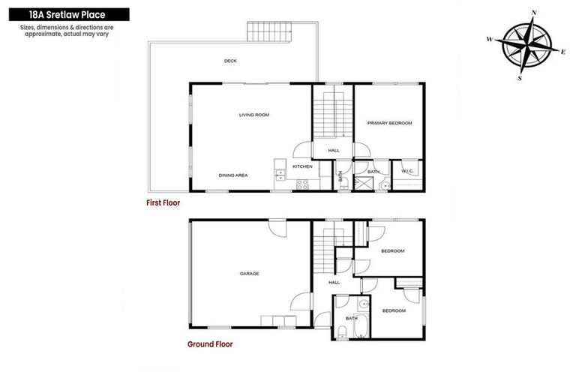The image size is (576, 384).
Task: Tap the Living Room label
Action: tap(253, 115)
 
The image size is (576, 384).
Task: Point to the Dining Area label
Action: tap(233, 175)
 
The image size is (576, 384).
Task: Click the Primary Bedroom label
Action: tap(389, 122)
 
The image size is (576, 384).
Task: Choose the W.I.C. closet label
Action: tap(408, 171)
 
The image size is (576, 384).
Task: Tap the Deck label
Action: tap(230, 61)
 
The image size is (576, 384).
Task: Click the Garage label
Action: tap(249, 273)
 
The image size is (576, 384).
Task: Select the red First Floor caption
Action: tap(163, 202)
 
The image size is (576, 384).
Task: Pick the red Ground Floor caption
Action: tap(209, 344)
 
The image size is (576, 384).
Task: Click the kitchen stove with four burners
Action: tap(304, 182)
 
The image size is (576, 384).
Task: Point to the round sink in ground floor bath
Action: tap(363, 304)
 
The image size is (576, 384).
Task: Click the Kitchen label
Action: tap(302, 166)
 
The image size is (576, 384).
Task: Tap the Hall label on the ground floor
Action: tap(334, 282)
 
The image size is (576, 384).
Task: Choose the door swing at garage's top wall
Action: tap(278, 226)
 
